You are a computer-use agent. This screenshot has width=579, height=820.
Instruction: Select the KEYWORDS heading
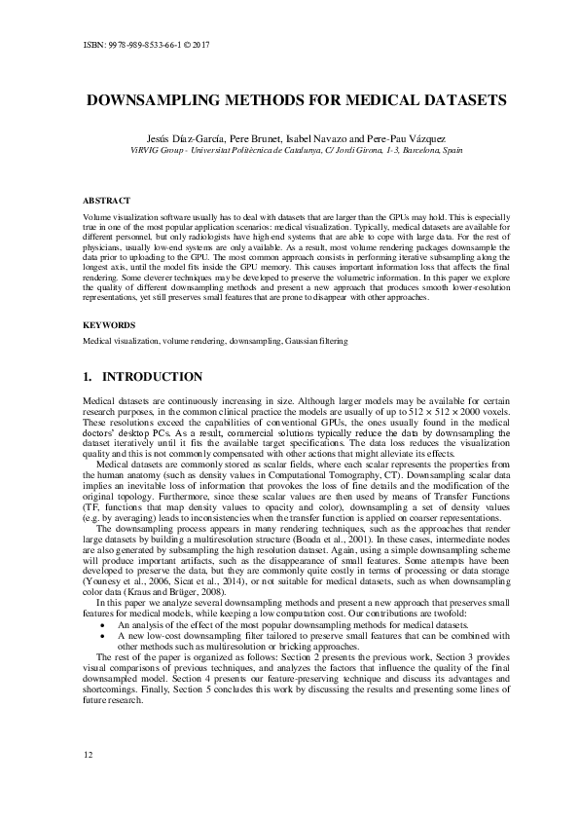pos(107,326)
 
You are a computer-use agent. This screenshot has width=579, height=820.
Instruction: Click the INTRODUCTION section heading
pos(154,377)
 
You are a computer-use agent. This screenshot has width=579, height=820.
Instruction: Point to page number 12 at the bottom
pos(89,755)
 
